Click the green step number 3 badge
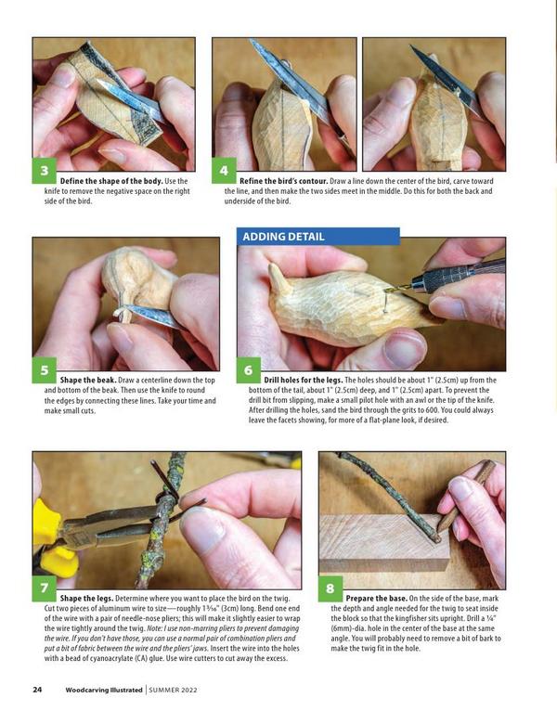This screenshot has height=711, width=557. pos(44,171)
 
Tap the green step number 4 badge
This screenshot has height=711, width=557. pos(224,171)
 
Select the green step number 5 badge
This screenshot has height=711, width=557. pos(44,370)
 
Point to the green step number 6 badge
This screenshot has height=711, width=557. pos(249,370)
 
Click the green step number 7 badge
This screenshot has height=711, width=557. pos(44,588)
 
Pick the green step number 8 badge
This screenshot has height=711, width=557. pos(330,588)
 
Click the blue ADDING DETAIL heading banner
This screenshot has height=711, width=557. pos(318,237)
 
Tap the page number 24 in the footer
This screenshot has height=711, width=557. pos(37,690)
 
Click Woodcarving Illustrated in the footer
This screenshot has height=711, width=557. pos(104,690)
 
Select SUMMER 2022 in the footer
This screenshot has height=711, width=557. pos(174,690)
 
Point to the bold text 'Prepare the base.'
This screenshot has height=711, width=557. pos(377,599)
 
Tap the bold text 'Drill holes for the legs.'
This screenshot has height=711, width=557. pos(303,380)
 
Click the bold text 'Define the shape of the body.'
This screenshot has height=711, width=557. pos(111,181)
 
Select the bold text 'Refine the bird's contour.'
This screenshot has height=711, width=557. pos(283,181)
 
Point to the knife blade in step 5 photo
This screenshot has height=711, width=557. pos(153,317)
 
